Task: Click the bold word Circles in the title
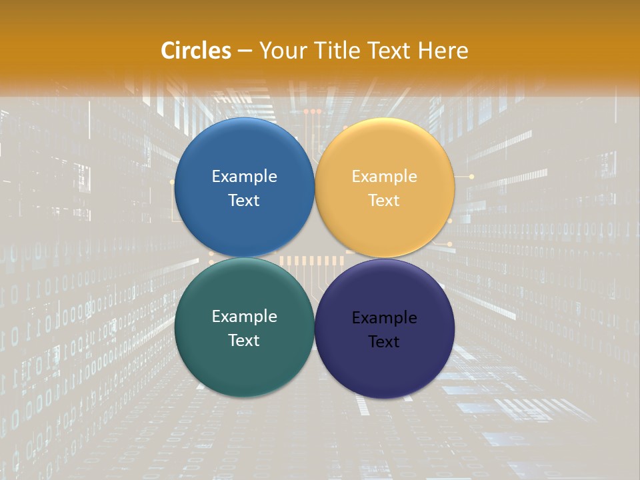point(196,50)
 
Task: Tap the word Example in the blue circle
point(244,177)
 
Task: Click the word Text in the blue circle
point(244,200)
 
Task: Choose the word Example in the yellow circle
point(384,177)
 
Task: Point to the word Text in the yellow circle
point(384,200)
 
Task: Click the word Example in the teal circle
point(244,317)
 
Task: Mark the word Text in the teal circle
point(244,340)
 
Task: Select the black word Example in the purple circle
point(384,318)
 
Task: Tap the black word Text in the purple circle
point(384,341)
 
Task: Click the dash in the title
point(245,51)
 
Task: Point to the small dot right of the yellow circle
point(472,177)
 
